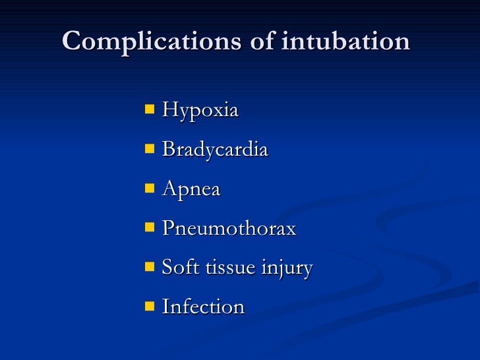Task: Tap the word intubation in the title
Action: coord(345,42)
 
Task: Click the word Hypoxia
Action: coord(200,111)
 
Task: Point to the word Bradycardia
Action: coord(215,150)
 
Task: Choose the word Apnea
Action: coord(191,190)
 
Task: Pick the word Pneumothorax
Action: coord(229,229)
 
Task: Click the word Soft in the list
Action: coord(176,268)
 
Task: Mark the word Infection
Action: coord(203,307)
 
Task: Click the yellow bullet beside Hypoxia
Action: coord(150,109)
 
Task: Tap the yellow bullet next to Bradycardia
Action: coord(150,148)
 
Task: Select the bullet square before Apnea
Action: coord(150,188)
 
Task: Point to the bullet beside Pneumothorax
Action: coord(150,227)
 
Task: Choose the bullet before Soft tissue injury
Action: coord(150,266)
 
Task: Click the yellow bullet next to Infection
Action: coord(150,305)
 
